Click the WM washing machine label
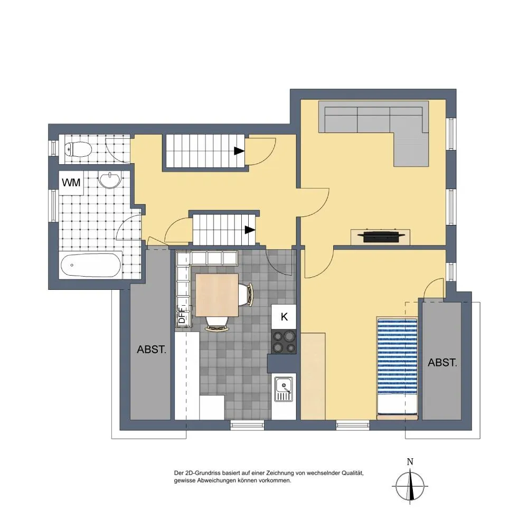[x=71, y=183]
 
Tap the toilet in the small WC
[x=78, y=149]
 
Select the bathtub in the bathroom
[x=91, y=265]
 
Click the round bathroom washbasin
[x=109, y=180]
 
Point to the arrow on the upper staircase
[x=239, y=151]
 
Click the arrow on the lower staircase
[x=250, y=230]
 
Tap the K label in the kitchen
[x=284, y=316]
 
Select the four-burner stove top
[x=284, y=342]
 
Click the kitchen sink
[x=284, y=389]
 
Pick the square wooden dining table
[x=217, y=295]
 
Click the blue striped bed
[x=398, y=368]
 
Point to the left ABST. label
[x=152, y=350]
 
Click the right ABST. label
[x=442, y=363]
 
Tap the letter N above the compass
[x=410, y=462]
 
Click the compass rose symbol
[x=410, y=486]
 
